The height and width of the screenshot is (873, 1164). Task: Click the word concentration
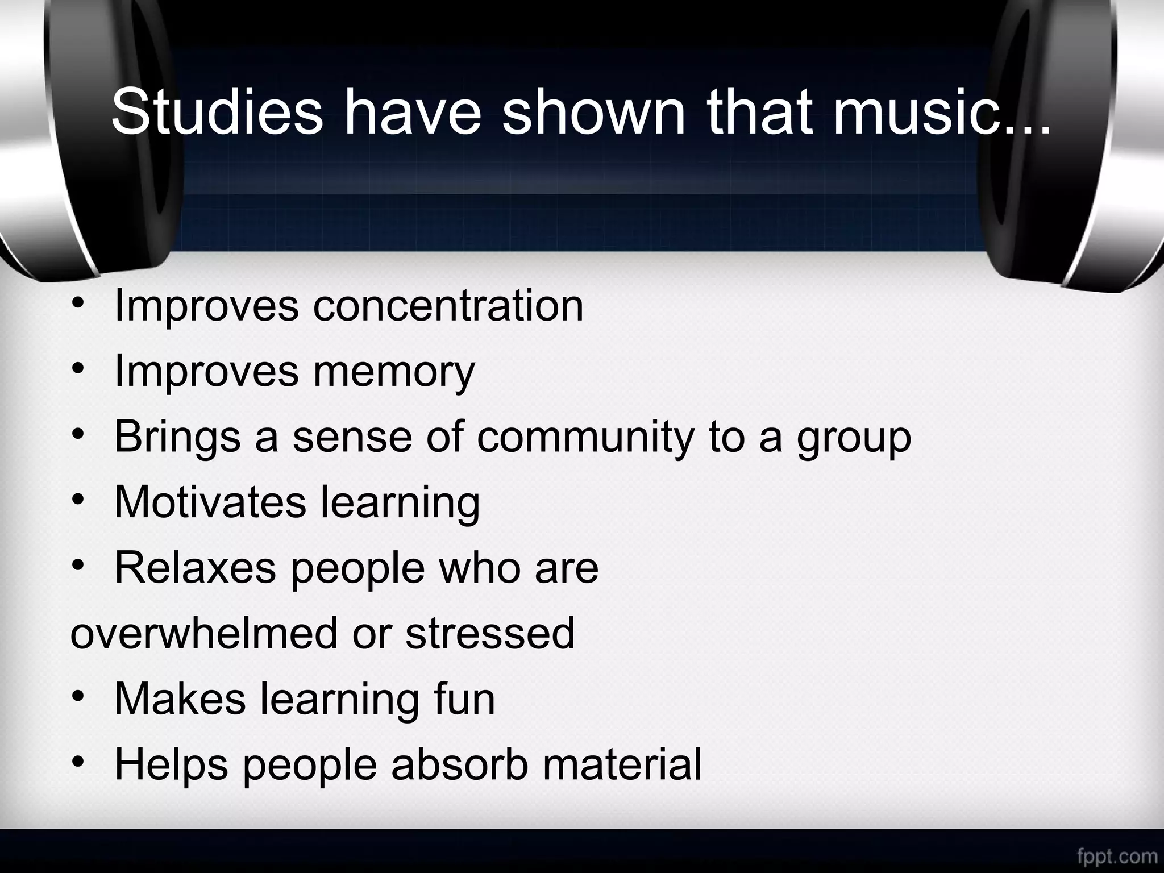pos(448,306)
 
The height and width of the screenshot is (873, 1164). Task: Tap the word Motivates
pos(210,502)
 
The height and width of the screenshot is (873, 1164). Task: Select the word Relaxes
pos(196,567)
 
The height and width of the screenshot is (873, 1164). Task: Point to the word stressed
pos(490,633)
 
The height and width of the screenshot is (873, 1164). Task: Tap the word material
pos(622,764)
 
